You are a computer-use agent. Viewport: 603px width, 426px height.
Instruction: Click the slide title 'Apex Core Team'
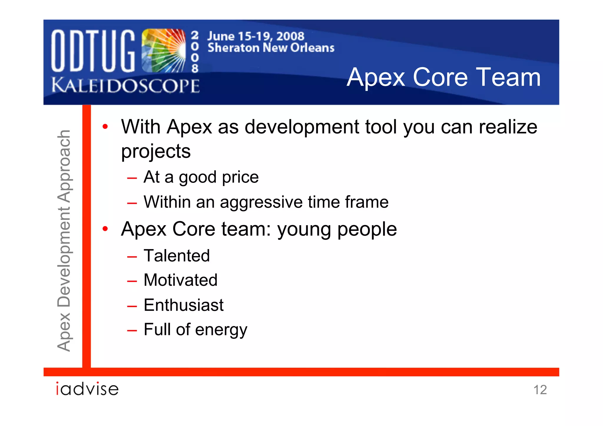pyautogui.click(x=444, y=77)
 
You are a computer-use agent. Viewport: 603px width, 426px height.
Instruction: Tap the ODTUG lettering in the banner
pyautogui.click(x=93, y=51)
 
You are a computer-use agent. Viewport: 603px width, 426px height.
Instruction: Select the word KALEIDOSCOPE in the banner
pyautogui.click(x=125, y=86)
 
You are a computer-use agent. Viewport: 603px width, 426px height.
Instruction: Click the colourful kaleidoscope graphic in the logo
pyautogui.click(x=164, y=51)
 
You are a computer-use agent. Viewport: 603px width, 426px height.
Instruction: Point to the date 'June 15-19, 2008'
pyautogui.click(x=256, y=36)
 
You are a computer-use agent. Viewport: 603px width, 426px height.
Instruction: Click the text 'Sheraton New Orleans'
pyautogui.click(x=271, y=48)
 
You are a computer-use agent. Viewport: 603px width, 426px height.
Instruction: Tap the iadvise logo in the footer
pyautogui.click(x=87, y=389)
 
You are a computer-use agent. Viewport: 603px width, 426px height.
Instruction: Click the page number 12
pyautogui.click(x=540, y=390)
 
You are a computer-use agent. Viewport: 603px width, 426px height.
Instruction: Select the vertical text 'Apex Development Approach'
pyautogui.click(x=64, y=241)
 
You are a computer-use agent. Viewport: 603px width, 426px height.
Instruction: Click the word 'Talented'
pyautogui.click(x=177, y=256)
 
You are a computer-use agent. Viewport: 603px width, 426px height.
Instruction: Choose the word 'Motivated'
pyautogui.click(x=180, y=280)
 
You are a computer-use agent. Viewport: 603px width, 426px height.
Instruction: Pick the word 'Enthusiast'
pyautogui.click(x=184, y=305)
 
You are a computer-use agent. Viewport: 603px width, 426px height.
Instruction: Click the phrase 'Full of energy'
pyautogui.click(x=196, y=330)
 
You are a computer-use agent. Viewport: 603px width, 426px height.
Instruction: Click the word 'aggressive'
pyautogui.click(x=261, y=203)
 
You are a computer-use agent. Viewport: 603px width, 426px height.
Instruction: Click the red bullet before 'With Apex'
pyautogui.click(x=105, y=127)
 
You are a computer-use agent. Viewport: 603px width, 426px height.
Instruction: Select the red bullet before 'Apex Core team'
pyautogui.click(x=105, y=229)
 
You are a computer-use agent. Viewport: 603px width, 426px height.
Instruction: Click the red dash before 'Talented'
pyautogui.click(x=132, y=257)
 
